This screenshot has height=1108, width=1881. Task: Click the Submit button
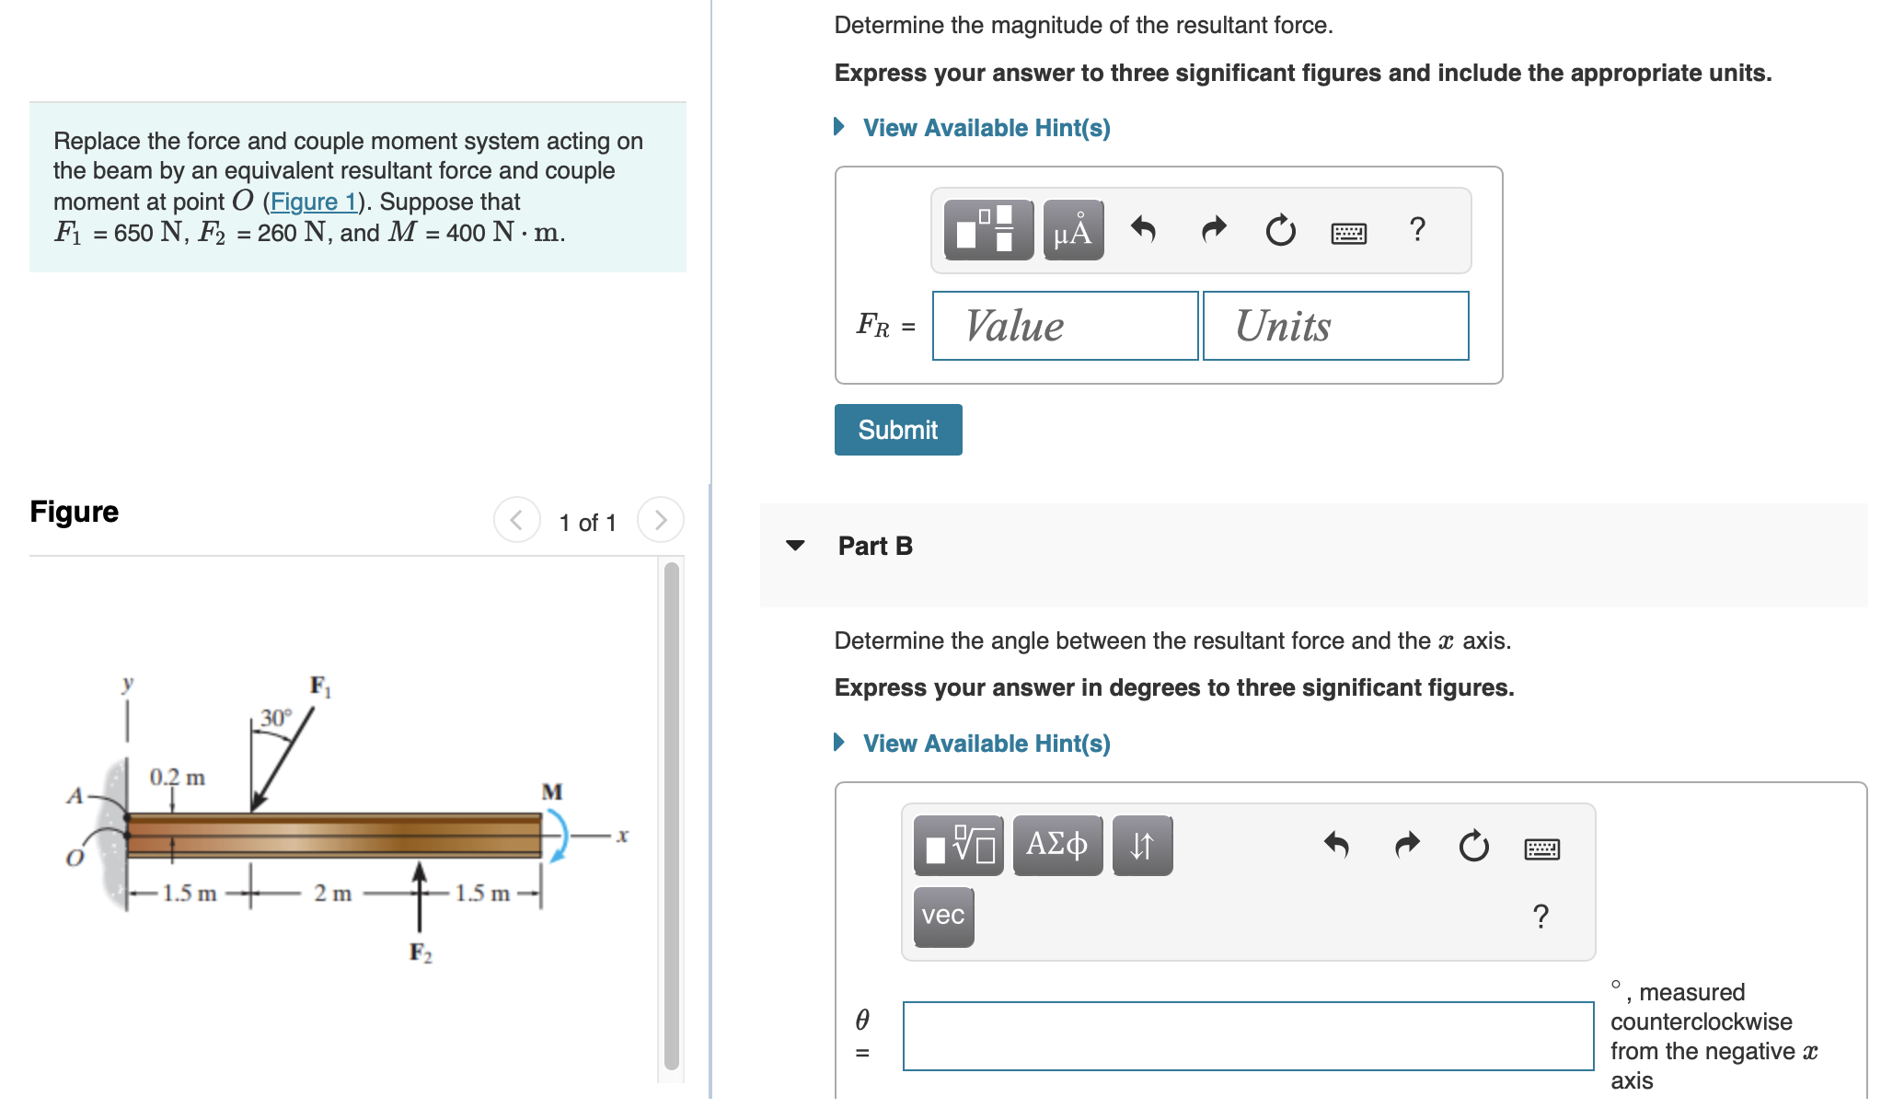897,430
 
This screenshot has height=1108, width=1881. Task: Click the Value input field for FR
1065,326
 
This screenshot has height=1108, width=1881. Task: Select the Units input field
1335,326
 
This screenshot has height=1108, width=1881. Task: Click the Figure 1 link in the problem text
313,202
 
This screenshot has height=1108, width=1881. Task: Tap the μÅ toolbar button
1073,230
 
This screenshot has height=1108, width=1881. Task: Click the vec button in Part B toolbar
943,916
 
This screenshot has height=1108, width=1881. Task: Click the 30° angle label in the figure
275,718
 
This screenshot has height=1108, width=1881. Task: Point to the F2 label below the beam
421,952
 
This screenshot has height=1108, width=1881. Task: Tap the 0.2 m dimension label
178,778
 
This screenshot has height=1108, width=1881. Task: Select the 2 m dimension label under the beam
332,894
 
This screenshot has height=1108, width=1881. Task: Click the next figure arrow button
660,521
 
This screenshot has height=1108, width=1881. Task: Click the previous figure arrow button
516,521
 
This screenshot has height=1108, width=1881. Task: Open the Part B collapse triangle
796,546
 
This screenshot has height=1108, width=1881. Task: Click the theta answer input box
1247,1036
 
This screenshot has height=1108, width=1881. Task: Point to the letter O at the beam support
75,859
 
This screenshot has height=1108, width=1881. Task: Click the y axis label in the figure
128,683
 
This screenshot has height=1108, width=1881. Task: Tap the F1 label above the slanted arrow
320,687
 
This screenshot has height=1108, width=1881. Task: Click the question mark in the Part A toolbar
1417,229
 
